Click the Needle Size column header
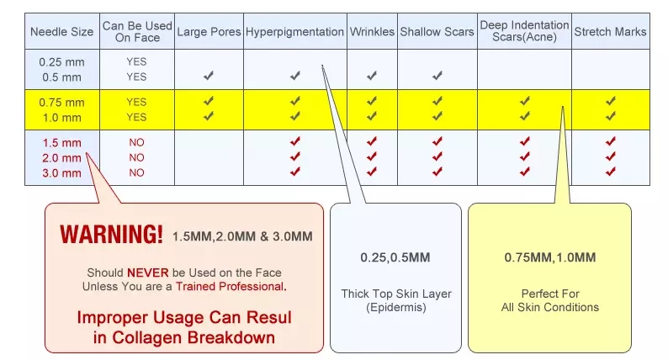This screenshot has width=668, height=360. (x=61, y=31)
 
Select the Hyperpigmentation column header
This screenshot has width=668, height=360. (x=294, y=32)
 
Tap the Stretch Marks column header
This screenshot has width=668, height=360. (x=610, y=31)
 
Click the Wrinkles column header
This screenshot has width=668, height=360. (x=372, y=31)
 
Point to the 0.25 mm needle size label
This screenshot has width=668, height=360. (x=61, y=61)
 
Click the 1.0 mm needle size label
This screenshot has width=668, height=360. (x=61, y=118)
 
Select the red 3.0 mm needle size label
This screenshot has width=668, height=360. (x=61, y=173)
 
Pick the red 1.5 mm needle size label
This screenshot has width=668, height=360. (x=61, y=143)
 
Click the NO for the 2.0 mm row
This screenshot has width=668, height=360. (x=136, y=157)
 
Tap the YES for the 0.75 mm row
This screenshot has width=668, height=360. (x=136, y=103)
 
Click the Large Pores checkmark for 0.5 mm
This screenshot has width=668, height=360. (x=209, y=76)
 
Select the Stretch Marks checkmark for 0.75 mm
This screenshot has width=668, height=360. (x=611, y=101)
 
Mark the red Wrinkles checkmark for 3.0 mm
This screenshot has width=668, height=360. (x=372, y=172)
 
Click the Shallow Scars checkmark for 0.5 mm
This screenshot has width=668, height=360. (x=437, y=76)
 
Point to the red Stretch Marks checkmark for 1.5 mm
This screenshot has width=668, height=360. (x=611, y=141)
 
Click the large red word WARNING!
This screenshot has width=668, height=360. (x=111, y=235)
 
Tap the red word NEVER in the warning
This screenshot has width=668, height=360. (x=148, y=273)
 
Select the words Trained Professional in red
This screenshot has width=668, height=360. (x=230, y=286)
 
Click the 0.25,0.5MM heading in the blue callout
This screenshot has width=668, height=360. (x=395, y=257)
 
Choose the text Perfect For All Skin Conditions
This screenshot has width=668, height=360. (x=550, y=300)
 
